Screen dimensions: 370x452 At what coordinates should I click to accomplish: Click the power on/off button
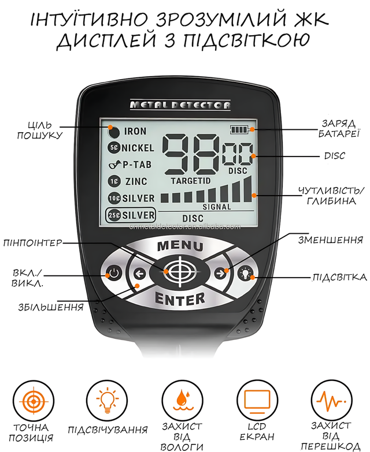coord(114,272)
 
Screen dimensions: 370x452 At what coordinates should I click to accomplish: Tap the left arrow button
coord(140,273)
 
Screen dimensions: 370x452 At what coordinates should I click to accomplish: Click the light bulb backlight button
coord(246,272)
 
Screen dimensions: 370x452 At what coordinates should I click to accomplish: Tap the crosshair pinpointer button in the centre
coord(180,271)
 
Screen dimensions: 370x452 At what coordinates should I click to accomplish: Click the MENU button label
coord(180,246)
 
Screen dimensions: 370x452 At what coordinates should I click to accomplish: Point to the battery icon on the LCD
coord(239,129)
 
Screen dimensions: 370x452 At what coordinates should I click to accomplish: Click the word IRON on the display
coord(135,131)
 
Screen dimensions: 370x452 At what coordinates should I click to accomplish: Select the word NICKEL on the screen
coord(138,148)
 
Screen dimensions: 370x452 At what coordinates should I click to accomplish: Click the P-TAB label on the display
coord(137,165)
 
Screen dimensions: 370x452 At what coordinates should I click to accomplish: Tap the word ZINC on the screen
coord(136,181)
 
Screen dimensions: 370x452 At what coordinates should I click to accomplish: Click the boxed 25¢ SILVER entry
coord(131,215)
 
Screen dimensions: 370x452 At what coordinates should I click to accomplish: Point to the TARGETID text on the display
coord(191,181)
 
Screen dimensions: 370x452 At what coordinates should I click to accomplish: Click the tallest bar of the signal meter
coord(247,189)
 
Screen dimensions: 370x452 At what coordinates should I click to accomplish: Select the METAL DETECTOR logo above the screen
coord(180,104)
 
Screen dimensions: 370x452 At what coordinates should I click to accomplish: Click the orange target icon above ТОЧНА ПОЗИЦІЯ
coord(34,401)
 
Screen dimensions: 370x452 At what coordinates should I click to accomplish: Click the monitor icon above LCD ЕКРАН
coord(257,400)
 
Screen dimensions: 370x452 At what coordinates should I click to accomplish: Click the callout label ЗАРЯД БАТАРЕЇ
coord(339,129)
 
